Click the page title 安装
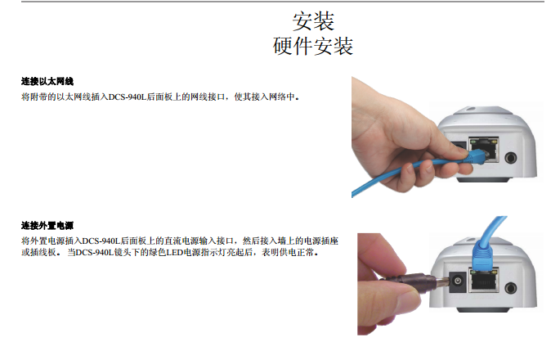pos(313,21)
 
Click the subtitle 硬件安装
pos(313,46)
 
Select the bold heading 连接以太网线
pos(47,82)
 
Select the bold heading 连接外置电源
pos(47,226)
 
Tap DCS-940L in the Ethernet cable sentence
pos(128,97)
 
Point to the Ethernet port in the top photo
pos(484,150)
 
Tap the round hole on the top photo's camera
pos(511,157)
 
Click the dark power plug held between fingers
pos(414,283)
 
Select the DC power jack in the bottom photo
pos(457,281)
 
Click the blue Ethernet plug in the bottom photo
pos(482,254)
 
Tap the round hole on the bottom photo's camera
pos(511,288)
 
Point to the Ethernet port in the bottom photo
pos(484,280)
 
